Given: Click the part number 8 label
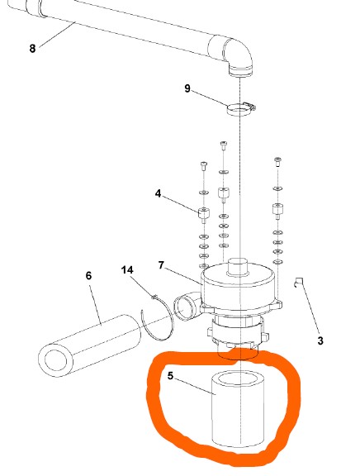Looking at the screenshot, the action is click(32, 48).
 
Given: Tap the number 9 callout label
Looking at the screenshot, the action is click(187, 88).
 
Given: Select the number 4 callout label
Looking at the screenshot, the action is click(158, 193).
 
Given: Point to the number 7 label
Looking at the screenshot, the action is click(161, 265).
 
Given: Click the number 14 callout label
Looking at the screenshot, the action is click(127, 270).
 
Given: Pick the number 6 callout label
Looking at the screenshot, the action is click(88, 276).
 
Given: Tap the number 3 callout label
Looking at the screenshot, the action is click(320, 340).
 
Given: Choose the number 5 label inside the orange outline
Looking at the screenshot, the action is click(170, 376).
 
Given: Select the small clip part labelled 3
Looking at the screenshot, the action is click(298, 283).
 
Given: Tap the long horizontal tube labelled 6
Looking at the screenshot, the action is click(90, 345).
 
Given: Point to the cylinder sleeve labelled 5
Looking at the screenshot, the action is click(238, 408).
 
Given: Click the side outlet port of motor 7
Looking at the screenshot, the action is click(185, 307).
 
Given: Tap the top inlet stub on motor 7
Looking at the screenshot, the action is click(238, 267).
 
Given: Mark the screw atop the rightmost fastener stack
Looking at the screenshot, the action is click(277, 162).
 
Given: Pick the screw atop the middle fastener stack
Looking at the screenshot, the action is click(224, 145).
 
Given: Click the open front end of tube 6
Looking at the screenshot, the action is click(55, 359).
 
